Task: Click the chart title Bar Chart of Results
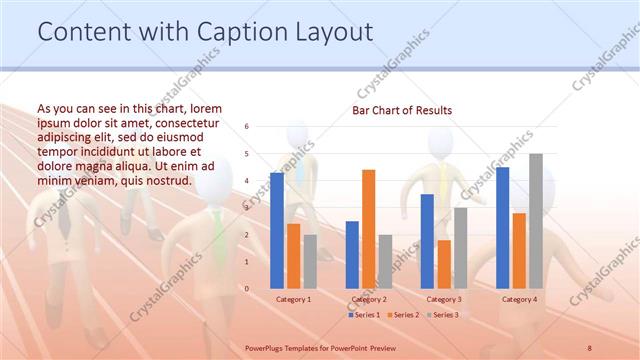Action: click(x=401, y=110)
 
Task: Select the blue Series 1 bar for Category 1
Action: click(x=277, y=230)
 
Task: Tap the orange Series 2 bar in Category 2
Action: click(x=368, y=229)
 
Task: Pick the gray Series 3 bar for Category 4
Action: click(x=536, y=221)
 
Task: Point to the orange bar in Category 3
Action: click(x=444, y=264)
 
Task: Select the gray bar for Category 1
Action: click(x=310, y=261)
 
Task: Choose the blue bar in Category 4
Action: click(x=502, y=227)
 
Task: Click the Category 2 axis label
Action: click(x=368, y=299)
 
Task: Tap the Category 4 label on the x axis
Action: click(x=519, y=299)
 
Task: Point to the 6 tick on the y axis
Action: click(x=246, y=127)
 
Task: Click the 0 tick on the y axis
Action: click(x=246, y=288)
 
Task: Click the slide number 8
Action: click(x=590, y=346)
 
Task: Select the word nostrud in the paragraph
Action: click(x=166, y=180)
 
